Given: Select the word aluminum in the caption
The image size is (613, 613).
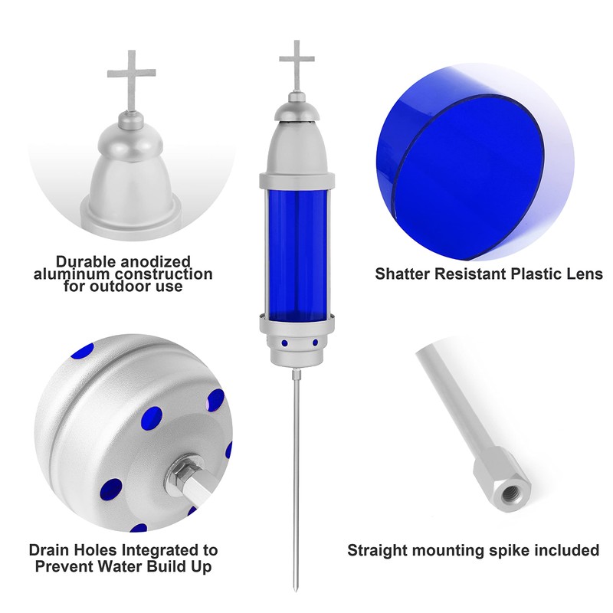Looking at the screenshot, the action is (71, 274).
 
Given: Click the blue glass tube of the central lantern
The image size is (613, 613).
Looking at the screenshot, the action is (297, 251).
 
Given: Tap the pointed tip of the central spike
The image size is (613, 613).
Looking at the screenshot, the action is (295, 591).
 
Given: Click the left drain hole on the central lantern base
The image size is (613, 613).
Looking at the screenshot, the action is (284, 343).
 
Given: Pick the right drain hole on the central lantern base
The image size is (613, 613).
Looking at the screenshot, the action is (315, 343).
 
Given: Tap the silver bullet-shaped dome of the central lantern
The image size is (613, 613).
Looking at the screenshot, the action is (297, 146).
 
